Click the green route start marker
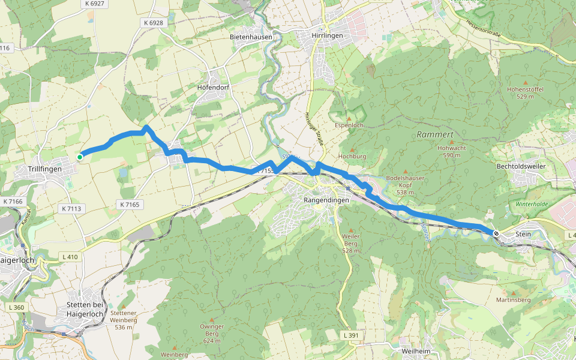click(80, 157)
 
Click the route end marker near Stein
click(496, 233)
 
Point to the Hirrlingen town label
click(327, 37)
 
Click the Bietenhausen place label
click(251, 37)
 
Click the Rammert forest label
click(435, 134)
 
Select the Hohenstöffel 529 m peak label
click(526, 92)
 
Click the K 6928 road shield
click(153, 22)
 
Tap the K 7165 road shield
click(130, 205)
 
